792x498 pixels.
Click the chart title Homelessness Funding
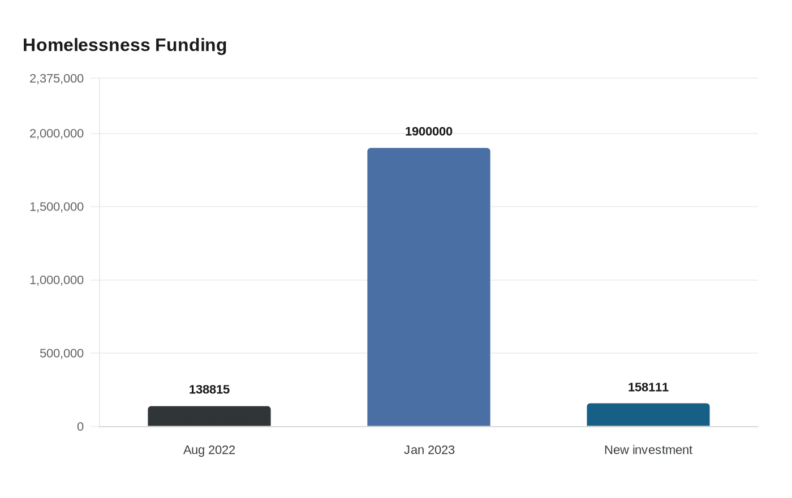[x=124, y=45]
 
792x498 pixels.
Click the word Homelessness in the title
[x=86, y=45]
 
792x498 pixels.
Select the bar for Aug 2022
[x=209, y=417]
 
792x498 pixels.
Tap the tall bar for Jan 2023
[x=429, y=287]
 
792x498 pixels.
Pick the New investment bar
[x=648, y=415]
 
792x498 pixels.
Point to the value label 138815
[x=209, y=389]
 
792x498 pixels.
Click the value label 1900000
[x=429, y=132]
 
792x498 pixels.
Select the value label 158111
[x=648, y=387]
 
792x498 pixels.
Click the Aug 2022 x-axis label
[x=209, y=450]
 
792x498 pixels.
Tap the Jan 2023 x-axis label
[x=429, y=450]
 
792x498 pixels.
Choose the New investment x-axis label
[x=648, y=450]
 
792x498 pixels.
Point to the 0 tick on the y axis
[x=80, y=427]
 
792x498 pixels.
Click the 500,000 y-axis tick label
[x=62, y=353]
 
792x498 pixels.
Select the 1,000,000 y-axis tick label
[x=57, y=280]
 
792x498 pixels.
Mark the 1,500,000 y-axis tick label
[x=57, y=207]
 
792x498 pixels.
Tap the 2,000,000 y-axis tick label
[x=57, y=134]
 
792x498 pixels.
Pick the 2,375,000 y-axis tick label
[x=57, y=78]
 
